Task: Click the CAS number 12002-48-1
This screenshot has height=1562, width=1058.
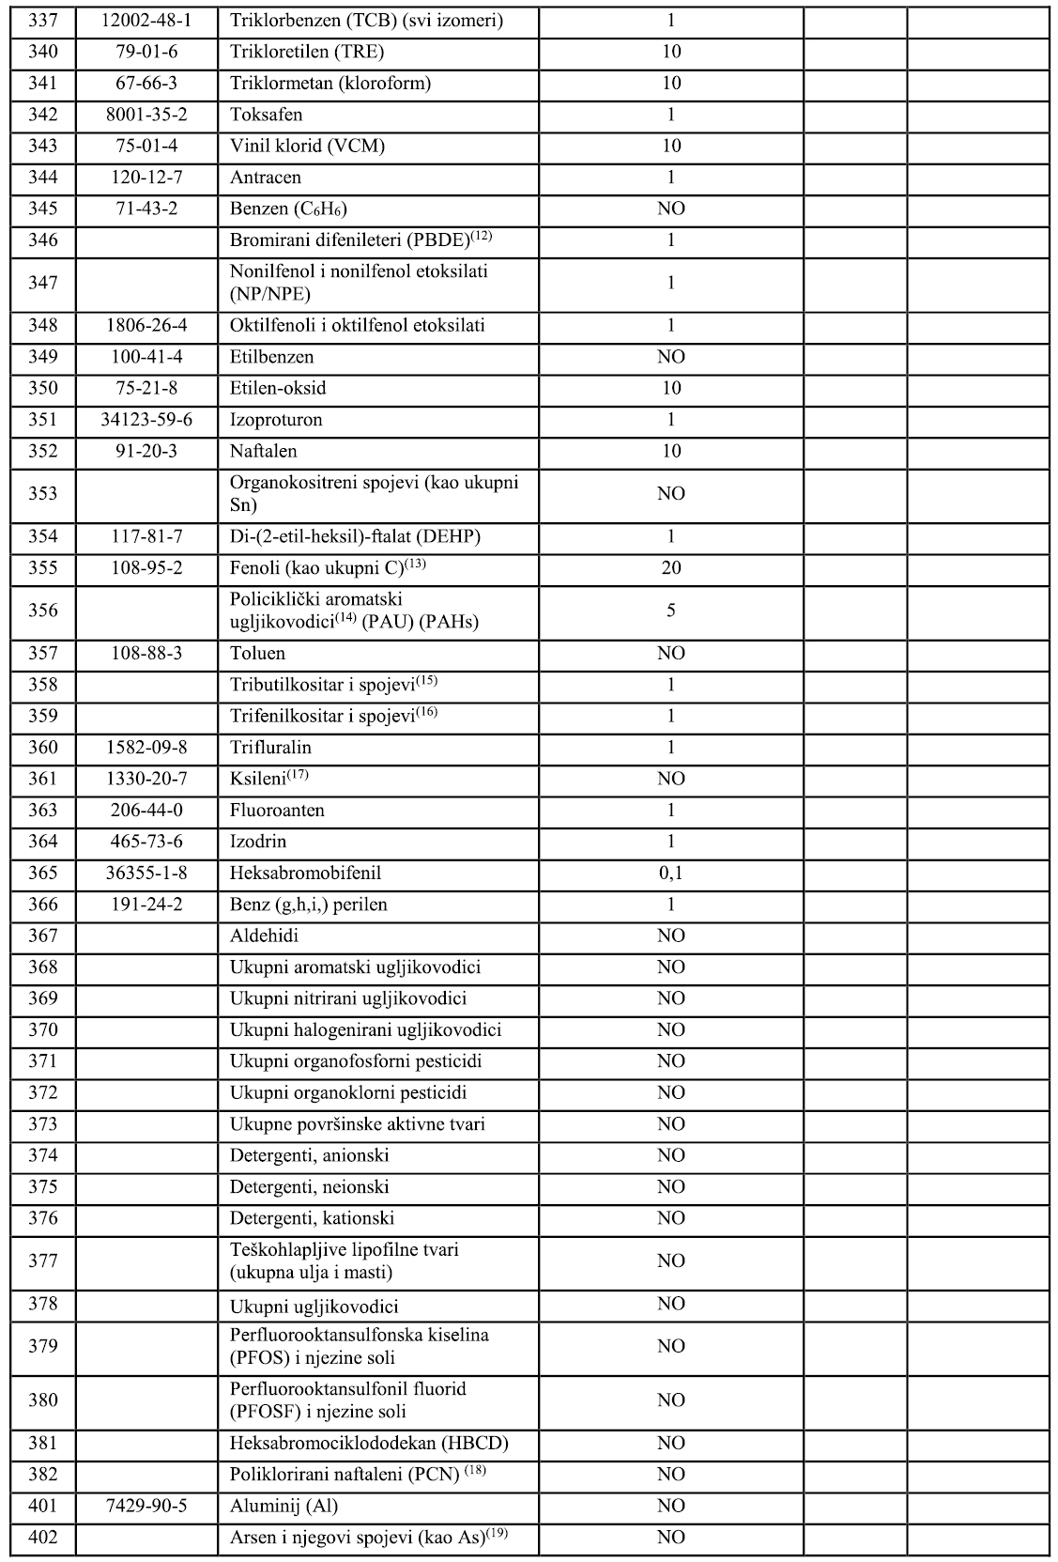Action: point(146,20)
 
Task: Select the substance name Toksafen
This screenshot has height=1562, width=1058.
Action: point(266,115)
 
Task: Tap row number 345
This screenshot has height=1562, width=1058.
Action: point(43,209)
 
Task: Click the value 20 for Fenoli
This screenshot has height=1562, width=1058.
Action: point(670,568)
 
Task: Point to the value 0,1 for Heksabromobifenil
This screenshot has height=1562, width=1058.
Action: point(670,873)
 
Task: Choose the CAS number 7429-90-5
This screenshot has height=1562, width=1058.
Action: point(146,1506)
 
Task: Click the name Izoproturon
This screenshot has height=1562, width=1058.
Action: point(276,420)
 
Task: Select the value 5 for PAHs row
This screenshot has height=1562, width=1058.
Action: point(670,611)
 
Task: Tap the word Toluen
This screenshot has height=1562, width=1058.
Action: point(257,653)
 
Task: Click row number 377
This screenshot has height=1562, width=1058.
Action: point(43,1260)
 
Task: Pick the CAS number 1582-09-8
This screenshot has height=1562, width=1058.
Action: point(146,748)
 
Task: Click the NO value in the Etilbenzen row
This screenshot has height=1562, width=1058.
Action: point(670,357)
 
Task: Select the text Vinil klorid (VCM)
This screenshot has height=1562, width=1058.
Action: point(307,146)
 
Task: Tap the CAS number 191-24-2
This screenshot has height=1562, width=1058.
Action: point(146,905)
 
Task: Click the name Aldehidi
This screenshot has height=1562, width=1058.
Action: point(264,936)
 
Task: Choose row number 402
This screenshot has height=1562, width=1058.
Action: point(43,1537)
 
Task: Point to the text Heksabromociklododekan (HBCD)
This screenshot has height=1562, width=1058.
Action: point(369,1443)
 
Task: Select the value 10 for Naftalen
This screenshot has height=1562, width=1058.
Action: point(670,451)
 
